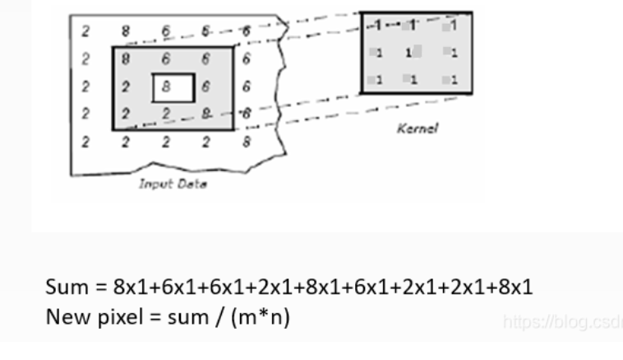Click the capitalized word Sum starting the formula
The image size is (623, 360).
point(65,288)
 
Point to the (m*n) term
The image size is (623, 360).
point(275,313)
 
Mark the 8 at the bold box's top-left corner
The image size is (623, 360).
point(126,58)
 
